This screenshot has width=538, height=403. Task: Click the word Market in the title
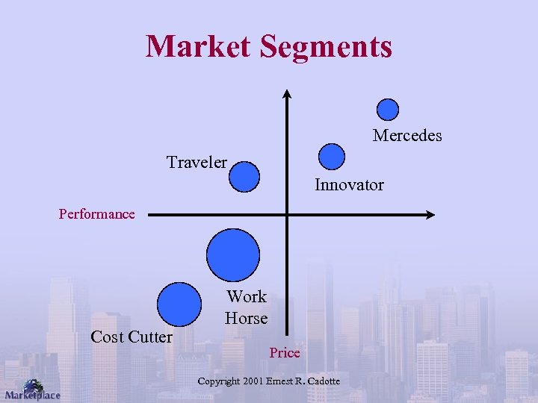point(199,46)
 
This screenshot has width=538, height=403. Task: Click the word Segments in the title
point(326,46)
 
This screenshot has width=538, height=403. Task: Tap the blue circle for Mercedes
point(387,110)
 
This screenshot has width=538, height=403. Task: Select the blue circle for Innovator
point(332,157)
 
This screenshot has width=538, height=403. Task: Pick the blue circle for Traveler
point(244,177)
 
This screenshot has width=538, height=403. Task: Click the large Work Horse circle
point(233,254)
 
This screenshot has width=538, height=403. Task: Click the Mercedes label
point(407,136)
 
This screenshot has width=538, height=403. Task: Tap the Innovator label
point(349,185)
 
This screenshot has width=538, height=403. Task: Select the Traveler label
point(197,163)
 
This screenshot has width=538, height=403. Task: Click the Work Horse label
point(246,307)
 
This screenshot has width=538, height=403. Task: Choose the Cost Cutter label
point(131,337)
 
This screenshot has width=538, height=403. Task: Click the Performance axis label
point(97,215)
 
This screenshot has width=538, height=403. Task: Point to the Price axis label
point(285,353)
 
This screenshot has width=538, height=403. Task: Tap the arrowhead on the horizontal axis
point(430,215)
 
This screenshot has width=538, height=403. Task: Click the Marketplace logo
point(32,390)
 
